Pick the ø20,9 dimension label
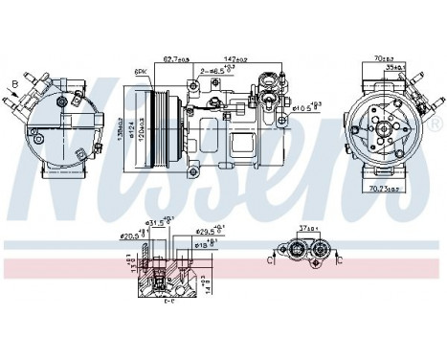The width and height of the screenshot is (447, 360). point(131,236)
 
